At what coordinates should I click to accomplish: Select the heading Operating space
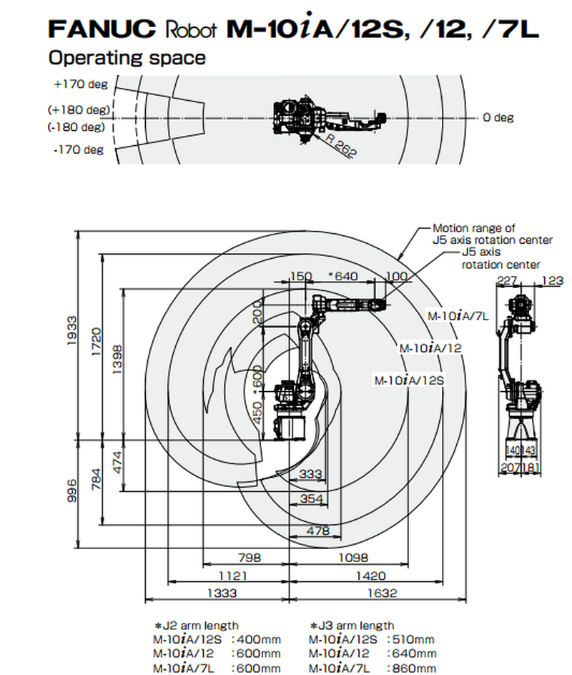tap(127, 57)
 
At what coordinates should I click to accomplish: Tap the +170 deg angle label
tap(79, 84)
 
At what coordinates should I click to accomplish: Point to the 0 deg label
tap(498, 117)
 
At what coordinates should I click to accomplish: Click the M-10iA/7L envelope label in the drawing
tap(458, 315)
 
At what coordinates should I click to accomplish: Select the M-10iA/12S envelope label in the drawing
tap(409, 380)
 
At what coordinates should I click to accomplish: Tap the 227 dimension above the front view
tap(507, 281)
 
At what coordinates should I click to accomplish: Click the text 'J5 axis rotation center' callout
tap(500, 259)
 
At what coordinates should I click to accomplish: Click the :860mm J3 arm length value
tap(410, 668)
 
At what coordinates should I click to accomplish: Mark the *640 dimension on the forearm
tap(342, 276)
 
